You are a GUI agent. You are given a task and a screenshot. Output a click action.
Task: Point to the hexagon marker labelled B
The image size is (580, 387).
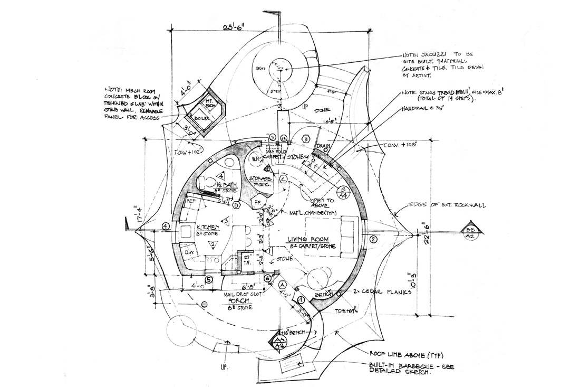[306, 139]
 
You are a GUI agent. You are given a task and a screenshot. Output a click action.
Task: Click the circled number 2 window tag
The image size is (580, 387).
[373, 239]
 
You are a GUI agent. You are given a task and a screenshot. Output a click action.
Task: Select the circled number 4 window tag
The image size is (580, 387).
[166, 226]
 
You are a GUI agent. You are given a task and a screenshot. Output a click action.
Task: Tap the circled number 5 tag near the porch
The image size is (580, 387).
[209, 279]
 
